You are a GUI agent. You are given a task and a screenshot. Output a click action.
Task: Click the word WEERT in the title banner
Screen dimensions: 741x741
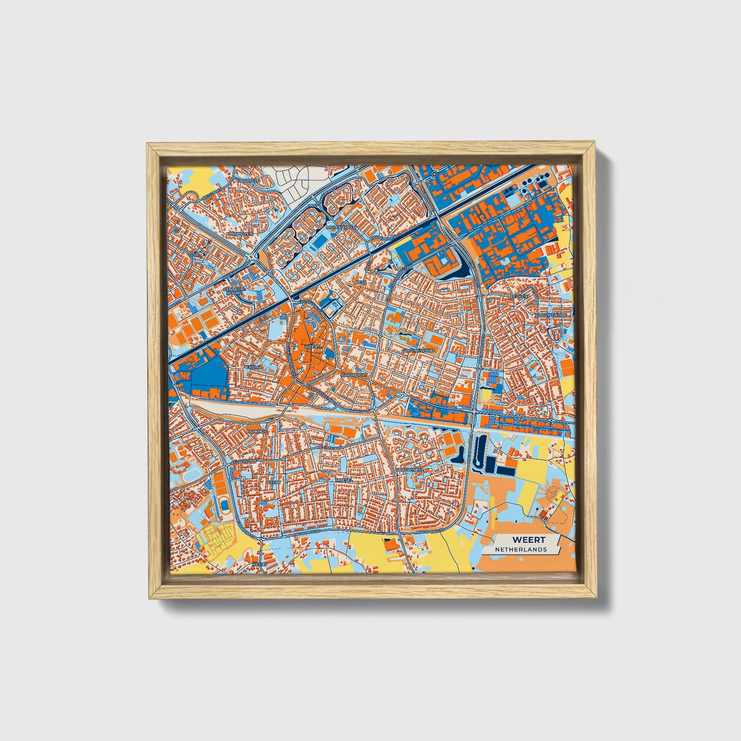[529, 539]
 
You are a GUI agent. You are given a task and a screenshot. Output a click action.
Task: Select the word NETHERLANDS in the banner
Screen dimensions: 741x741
[520, 549]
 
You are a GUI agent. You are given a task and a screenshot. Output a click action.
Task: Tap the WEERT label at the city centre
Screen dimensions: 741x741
[312, 347]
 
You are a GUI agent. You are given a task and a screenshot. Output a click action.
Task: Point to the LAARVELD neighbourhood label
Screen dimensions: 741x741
[250, 181]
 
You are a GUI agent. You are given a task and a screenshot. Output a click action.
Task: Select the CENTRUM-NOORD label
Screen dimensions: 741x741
[235, 291]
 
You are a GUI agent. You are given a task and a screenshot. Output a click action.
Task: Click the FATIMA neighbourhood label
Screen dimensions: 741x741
[254, 367]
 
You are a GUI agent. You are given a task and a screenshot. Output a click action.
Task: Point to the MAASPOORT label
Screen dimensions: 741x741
[353, 375]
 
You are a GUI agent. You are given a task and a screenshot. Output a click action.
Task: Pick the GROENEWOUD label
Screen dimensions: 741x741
[418, 350]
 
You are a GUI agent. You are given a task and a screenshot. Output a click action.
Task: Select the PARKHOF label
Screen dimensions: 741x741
[257, 431]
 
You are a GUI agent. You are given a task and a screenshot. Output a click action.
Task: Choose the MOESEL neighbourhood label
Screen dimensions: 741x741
[344, 479]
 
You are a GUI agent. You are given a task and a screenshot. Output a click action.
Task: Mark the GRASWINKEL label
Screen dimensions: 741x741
[409, 469]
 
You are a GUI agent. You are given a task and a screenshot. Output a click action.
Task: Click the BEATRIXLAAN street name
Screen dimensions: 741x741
[329, 448]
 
